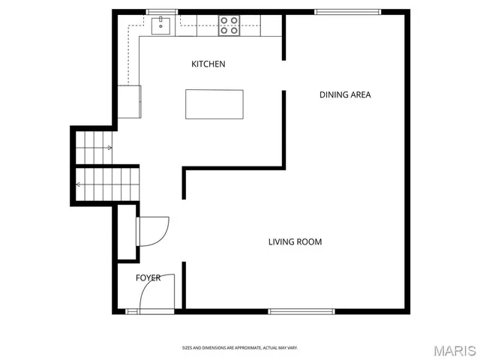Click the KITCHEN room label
pyautogui.click(x=208, y=64)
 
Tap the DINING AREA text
pyautogui.click(x=345, y=94)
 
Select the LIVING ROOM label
pyautogui.click(x=295, y=241)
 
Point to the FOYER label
pyautogui.click(x=148, y=278)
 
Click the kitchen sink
pyautogui.click(x=160, y=26)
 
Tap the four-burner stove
pyautogui.click(x=229, y=26)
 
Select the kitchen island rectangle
pyautogui.click(x=214, y=104)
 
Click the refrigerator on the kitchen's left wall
pyautogui.click(x=128, y=102)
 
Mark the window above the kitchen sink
pyautogui.click(x=161, y=12)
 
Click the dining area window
pyautogui.click(x=347, y=12)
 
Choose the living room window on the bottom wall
pyautogui.click(x=301, y=311)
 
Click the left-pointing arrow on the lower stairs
pyautogui.click(x=79, y=184)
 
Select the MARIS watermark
pyautogui.click(x=454, y=350)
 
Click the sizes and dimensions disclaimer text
pyautogui.click(x=240, y=348)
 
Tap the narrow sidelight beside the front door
pyautogui.click(x=132, y=311)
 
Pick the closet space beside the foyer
pyautogui.click(x=127, y=232)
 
